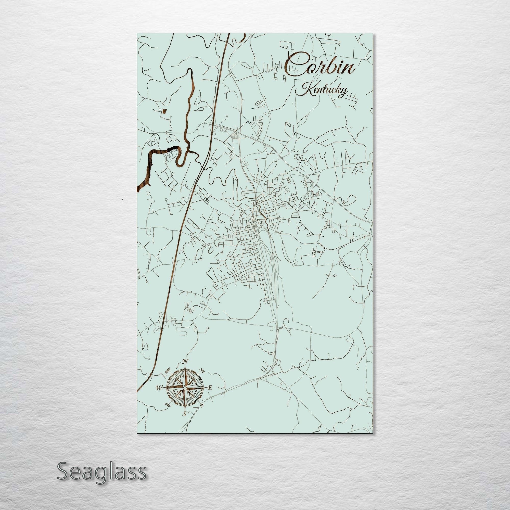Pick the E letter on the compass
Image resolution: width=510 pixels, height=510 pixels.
click(x=210, y=388)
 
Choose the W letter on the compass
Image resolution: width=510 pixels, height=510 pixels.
click(x=159, y=388)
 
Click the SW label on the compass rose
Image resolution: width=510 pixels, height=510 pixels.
click(x=167, y=404)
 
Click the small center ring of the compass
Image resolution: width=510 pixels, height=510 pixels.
click(x=185, y=387)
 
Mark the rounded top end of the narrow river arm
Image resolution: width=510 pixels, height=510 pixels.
click(x=189, y=71)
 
